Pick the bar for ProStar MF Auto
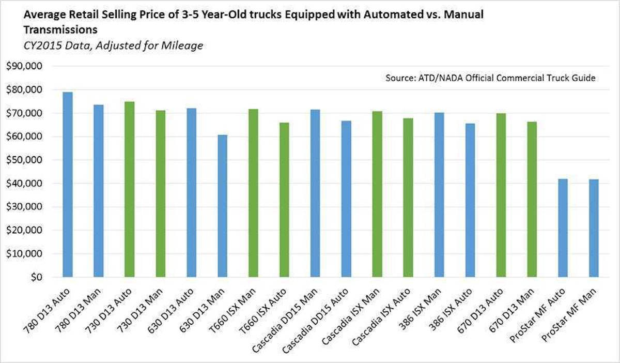coord(563,228)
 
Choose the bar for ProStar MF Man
coord(594,228)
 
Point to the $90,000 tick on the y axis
coord(33,66)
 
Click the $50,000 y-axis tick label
coord(33,160)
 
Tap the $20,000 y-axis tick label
coord(33,231)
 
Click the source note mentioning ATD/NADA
coord(490,78)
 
